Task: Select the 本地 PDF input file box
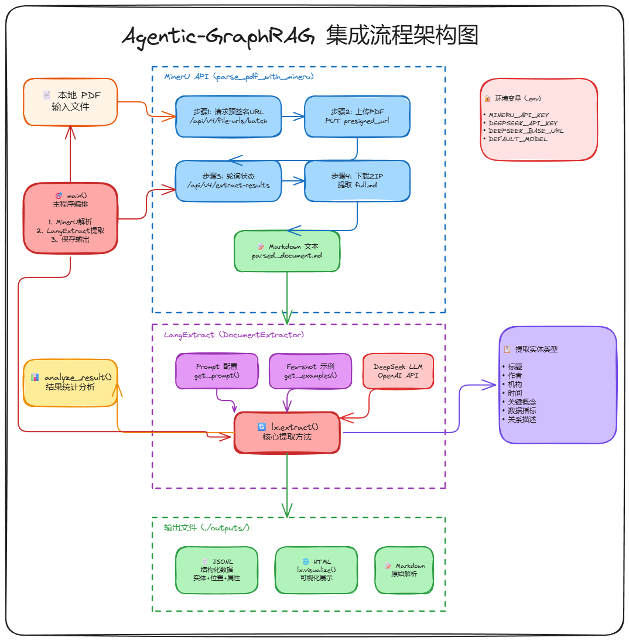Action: pyautogui.click(x=70, y=101)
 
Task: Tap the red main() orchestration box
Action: pyautogui.click(x=70, y=218)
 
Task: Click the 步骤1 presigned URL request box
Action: pyautogui.click(x=228, y=116)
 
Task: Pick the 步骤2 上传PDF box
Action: pyautogui.click(x=357, y=116)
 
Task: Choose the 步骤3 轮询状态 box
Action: pyautogui.click(x=228, y=180)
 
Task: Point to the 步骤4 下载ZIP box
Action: pyautogui.click(x=357, y=180)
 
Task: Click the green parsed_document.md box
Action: pyautogui.click(x=287, y=251)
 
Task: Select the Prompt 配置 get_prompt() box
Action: pyautogui.click(x=217, y=371)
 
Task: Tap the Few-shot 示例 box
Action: pyautogui.click(x=310, y=371)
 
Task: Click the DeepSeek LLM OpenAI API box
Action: pyautogui.click(x=398, y=371)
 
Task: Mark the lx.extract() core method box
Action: pyautogui.click(x=287, y=432)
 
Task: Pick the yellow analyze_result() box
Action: pyautogui.click(x=70, y=382)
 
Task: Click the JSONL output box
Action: pyautogui.click(x=217, y=569)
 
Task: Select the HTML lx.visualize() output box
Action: pyautogui.click(x=316, y=569)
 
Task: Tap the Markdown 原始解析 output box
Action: pyautogui.click(x=404, y=569)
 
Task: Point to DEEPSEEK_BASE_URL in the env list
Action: pyautogui.click(x=526, y=131)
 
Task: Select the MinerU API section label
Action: pyautogui.click(x=239, y=77)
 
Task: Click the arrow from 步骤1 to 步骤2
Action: pyautogui.click(x=292, y=116)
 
